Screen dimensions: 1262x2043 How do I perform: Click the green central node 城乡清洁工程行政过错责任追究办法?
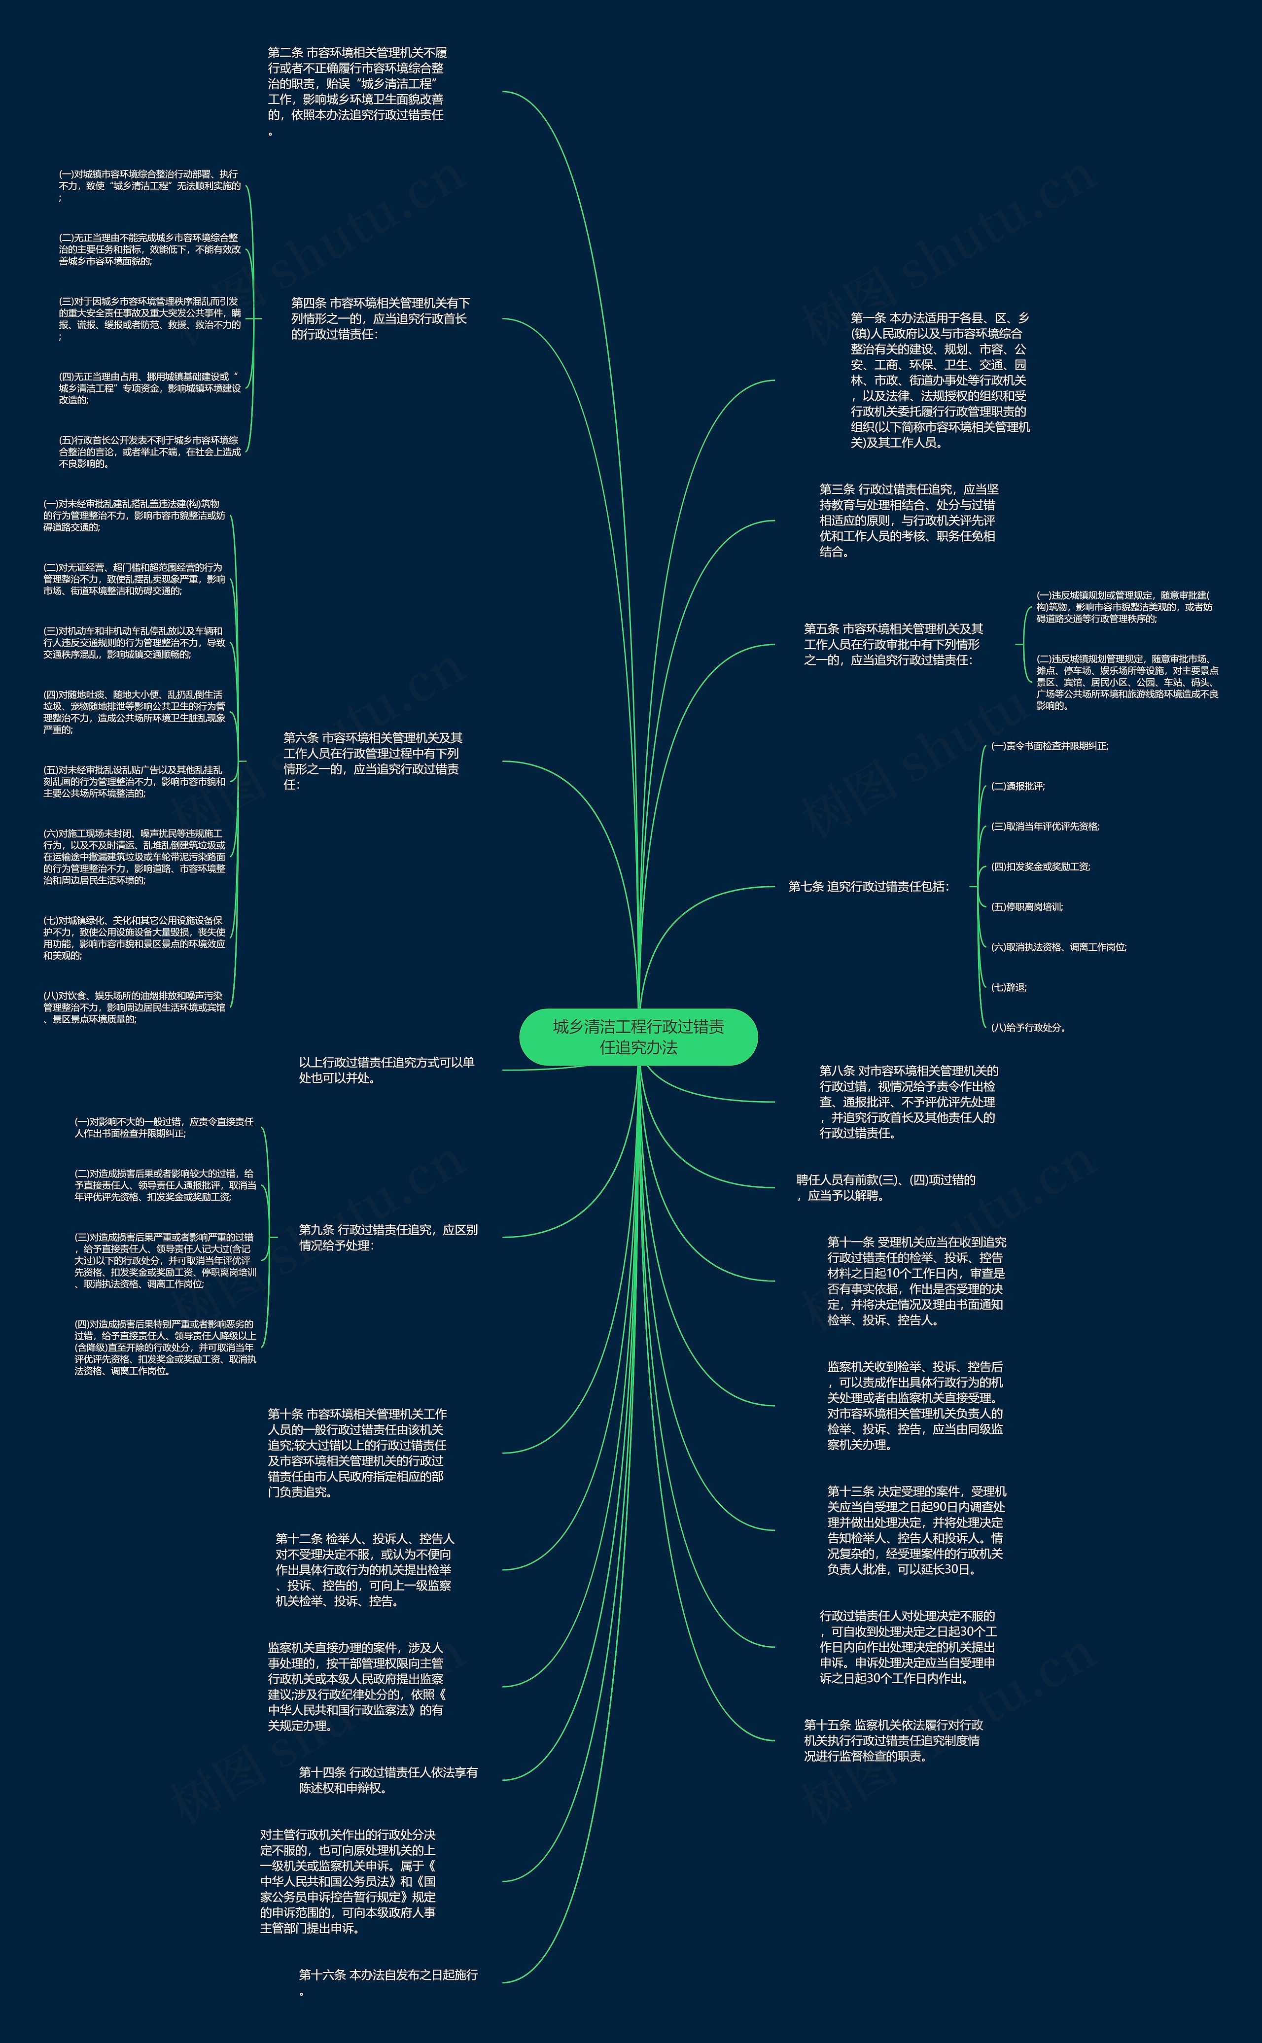click(638, 1037)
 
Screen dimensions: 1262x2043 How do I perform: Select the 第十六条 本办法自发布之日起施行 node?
click(388, 1982)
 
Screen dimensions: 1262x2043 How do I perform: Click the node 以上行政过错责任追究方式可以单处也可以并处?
click(386, 1070)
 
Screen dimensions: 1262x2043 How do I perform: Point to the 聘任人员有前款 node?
click(885, 1187)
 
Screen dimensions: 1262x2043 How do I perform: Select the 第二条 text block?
click(357, 91)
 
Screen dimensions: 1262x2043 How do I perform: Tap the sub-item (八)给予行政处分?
click(1028, 1027)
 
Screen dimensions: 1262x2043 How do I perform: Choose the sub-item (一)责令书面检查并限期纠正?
click(1049, 746)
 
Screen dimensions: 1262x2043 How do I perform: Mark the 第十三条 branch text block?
click(916, 1530)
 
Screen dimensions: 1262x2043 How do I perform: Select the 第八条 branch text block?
click(908, 1102)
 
